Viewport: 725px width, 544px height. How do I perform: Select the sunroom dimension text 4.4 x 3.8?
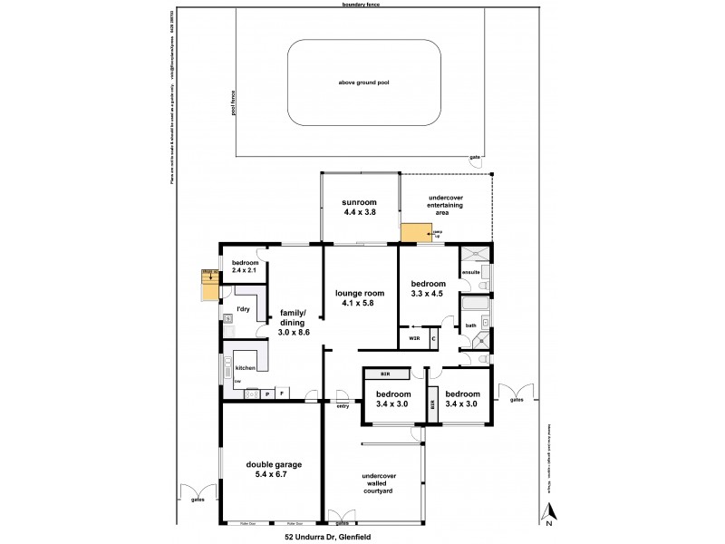point(360,212)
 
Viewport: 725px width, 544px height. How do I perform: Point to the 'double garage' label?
point(274,464)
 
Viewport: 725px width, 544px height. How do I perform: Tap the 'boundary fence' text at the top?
point(362,5)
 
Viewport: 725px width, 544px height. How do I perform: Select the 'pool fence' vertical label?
point(233,102)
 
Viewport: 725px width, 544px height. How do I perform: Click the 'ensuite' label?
point(471,271)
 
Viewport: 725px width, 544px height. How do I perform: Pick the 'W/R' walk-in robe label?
point(414,338)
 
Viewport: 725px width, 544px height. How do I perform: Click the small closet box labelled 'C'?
point(433,338)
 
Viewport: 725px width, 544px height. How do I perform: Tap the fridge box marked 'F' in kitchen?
point(283,393)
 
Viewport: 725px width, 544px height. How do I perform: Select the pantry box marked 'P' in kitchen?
point(266,393)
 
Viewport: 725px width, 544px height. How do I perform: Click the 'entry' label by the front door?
point(342,405)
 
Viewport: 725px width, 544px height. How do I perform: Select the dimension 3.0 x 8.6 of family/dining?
point(295,333)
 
